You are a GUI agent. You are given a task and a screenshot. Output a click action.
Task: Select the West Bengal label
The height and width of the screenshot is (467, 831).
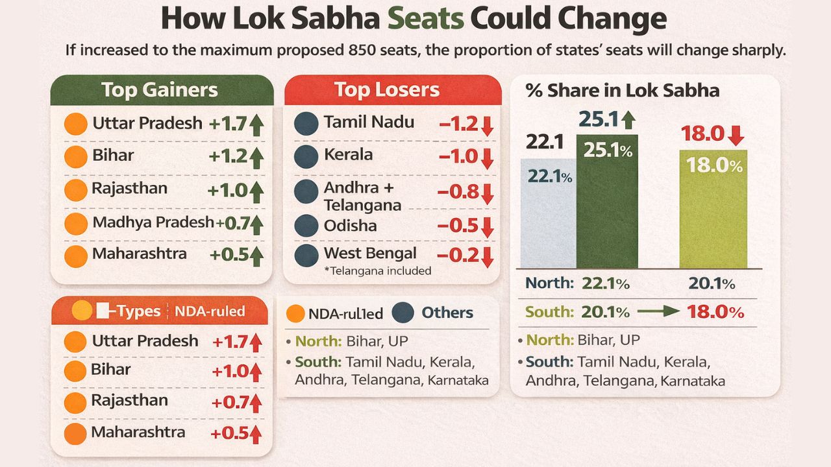click(x=370, y=253)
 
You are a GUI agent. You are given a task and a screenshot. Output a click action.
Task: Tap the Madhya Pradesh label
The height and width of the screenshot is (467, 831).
click(x=153, y=222)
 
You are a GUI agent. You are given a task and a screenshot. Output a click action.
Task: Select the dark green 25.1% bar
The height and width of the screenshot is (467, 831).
click(x=607, y=201)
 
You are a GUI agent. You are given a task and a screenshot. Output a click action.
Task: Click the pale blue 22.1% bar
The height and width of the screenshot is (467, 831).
click(x=548, y=214)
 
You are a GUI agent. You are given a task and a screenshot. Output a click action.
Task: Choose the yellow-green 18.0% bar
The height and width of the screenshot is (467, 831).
click(x=713, y=209)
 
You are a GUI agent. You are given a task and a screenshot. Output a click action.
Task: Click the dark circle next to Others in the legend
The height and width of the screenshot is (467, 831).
click(x=403, y=313)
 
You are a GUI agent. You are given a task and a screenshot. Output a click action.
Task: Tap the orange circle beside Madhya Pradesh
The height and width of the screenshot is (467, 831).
click(x=76, y=223)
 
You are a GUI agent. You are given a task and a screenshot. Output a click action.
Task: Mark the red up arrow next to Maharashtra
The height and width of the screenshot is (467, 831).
click(x=255, y=433)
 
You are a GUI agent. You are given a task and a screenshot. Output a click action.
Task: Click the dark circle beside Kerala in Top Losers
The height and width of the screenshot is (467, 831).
click(x=306, y=156)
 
